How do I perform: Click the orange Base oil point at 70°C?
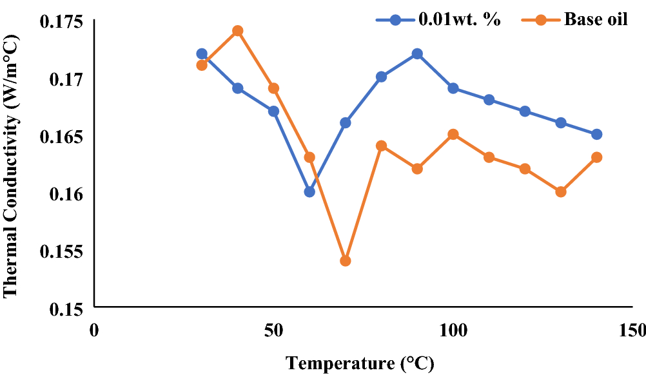tap(345, 261)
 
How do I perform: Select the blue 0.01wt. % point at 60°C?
tap(309, 191)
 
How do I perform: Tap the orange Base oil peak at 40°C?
tap(237, 31)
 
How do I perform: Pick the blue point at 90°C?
tap(417, 54)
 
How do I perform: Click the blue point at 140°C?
tap(596, 134)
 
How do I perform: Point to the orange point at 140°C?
tap(596, 157)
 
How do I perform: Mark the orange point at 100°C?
tap(453, 134)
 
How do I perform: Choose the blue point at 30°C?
tap(202, 54)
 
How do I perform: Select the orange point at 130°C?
tap(561, 191)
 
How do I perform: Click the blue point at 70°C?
tap(345, 122)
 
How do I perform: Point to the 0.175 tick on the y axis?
tap(61, 22)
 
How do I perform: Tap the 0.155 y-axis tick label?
tap(61, 251)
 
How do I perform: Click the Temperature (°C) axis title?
tap(360, 363)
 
